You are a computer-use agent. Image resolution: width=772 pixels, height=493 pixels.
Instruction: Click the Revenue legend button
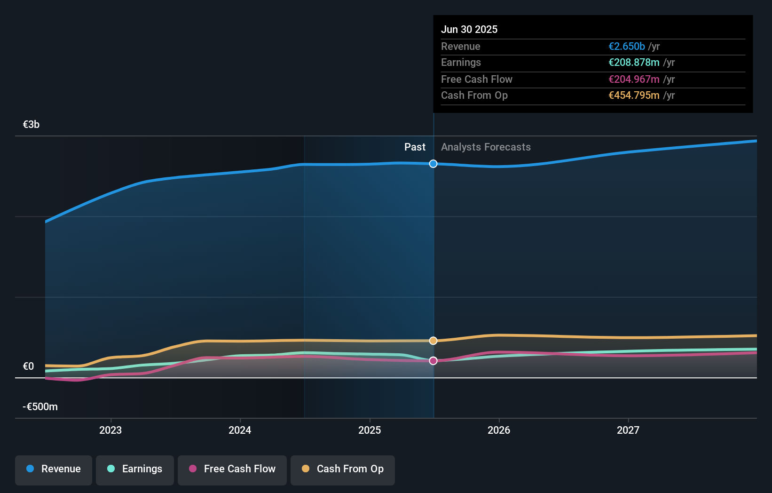(x=54, y=469)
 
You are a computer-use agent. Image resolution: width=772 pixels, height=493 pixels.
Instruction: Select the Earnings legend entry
(x=135, y=469)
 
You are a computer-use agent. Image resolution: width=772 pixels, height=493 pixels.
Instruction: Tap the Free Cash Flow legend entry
(x=232, y=469)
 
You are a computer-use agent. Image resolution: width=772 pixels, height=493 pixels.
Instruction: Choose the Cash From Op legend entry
(x=343, y=469)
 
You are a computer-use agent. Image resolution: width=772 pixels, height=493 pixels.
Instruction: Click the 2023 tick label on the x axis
(x=110, y=430)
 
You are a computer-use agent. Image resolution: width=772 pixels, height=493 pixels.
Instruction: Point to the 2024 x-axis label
(x=240, y=430)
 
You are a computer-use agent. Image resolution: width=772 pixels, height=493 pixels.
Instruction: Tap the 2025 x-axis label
(x=370, y=430)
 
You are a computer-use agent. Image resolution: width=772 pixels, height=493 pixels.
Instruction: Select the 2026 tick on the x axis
(x=499, y=430)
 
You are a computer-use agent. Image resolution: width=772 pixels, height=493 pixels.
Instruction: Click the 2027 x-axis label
(x=628, y=430)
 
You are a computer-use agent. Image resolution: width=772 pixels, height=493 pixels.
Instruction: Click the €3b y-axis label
(x=31, y=125)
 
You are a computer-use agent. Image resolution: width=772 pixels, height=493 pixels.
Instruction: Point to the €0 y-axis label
(x=28, y=366)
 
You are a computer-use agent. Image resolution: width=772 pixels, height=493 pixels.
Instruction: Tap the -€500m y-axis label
(x=40, y=406)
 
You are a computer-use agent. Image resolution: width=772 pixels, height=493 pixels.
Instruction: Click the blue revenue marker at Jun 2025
(x=433, y=164)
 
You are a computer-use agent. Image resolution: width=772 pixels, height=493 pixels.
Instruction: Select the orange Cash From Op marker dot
(x=433, y=341)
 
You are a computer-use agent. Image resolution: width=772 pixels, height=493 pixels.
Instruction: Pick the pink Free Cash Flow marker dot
(x=433, y=361)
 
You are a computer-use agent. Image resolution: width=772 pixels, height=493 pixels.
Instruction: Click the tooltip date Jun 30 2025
(x=469, y=29)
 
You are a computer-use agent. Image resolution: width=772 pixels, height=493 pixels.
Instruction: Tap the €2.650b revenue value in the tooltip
(x=627, y=46)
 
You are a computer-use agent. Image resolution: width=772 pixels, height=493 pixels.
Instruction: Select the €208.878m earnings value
(x=634, y=62)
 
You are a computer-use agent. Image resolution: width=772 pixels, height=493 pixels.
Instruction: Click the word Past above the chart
(x=415, y=147)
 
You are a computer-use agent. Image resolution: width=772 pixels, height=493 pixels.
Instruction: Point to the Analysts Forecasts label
(x=486, y=147)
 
